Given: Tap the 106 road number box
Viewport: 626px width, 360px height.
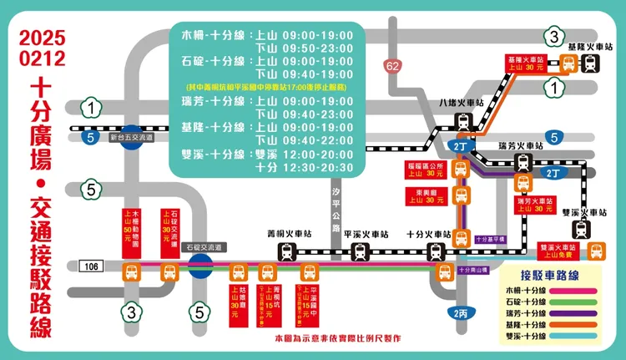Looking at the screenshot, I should point(93,266).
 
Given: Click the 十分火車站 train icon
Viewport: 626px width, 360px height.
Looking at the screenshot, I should point(436,251).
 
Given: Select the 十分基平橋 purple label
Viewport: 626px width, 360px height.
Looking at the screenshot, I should point(492,239).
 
